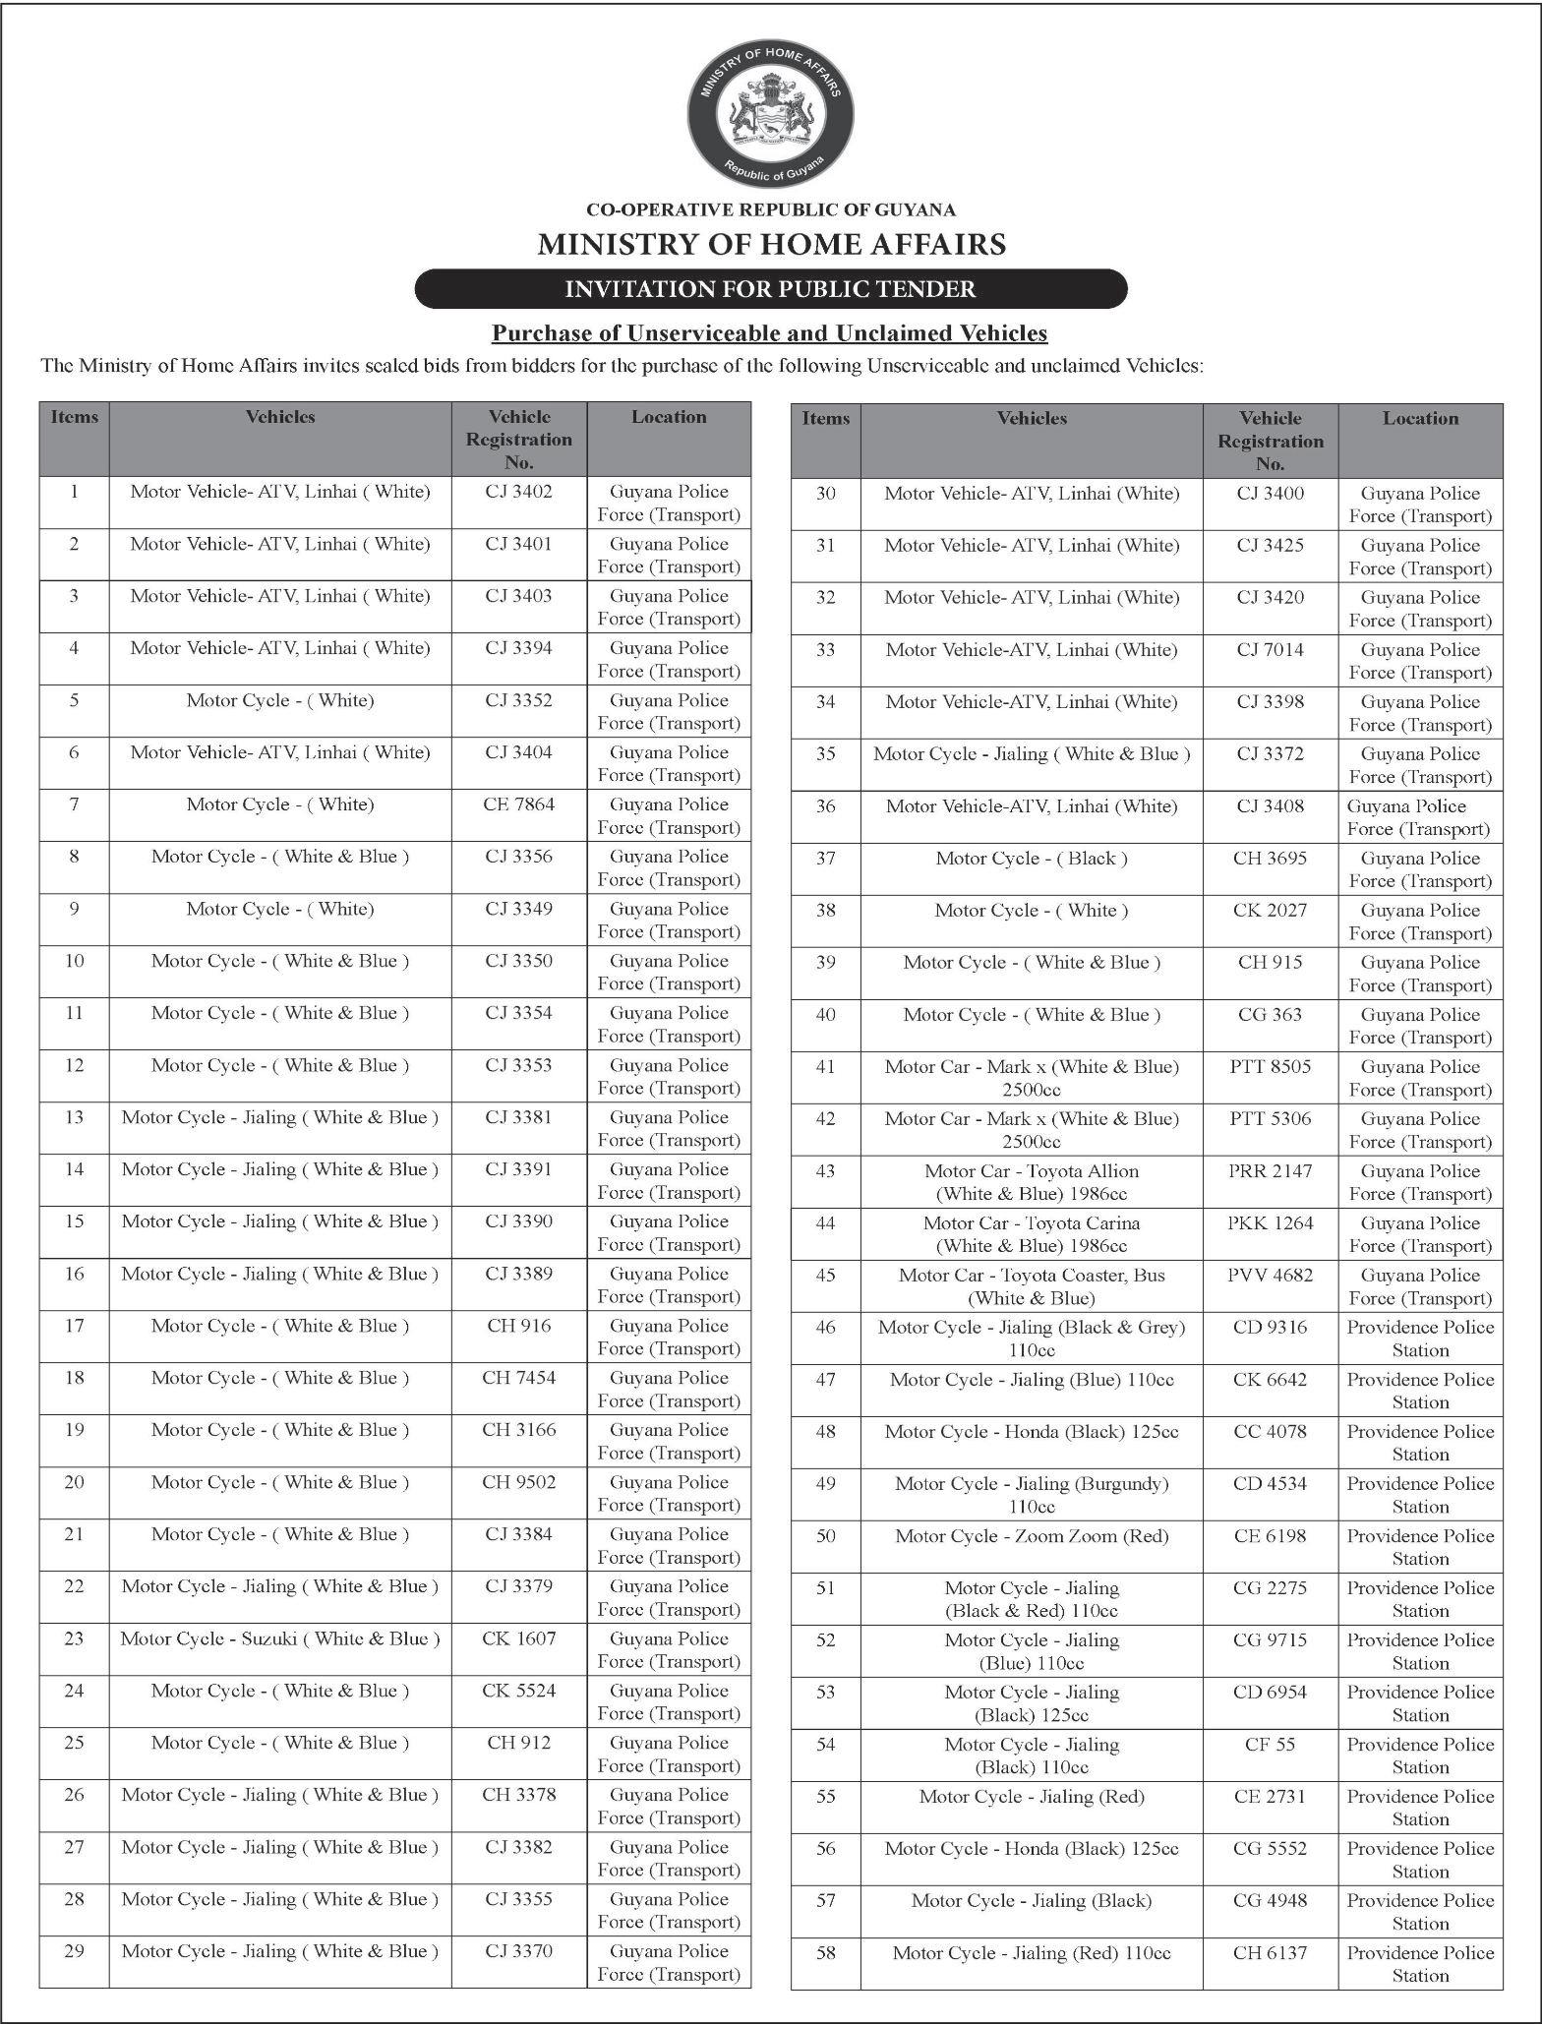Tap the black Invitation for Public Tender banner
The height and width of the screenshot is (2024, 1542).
pos(771,289)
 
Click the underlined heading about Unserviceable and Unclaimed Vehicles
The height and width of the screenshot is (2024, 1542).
pos(770,333)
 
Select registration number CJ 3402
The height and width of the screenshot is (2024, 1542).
pos(519,492)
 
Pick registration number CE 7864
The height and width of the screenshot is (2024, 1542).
pos(519,804)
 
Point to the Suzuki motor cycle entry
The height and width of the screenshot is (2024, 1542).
pos(280,1638)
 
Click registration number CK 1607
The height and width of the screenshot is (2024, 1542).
pos(519,1638)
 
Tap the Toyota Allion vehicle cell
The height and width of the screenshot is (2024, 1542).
pos(1032,1182)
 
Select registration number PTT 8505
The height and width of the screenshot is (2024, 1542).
pos(1271,1067)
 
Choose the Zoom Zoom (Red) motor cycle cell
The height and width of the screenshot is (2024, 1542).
pos(1032,1536)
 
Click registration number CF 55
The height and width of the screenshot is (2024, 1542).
pos(1271,1745)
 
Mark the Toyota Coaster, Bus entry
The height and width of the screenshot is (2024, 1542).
pos(1032,1286)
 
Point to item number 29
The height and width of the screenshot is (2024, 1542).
pos(75,1951)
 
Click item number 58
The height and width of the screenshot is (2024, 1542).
pos(826,1953)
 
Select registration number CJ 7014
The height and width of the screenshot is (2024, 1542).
pos(1271,650)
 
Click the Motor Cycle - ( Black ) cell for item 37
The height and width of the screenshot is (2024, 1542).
pos(1032,859)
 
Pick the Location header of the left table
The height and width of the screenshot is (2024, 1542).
pos(669,417)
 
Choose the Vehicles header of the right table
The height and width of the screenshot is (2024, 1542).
pos(1032,419)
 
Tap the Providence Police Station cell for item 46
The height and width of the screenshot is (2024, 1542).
pos(1420,1339)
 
